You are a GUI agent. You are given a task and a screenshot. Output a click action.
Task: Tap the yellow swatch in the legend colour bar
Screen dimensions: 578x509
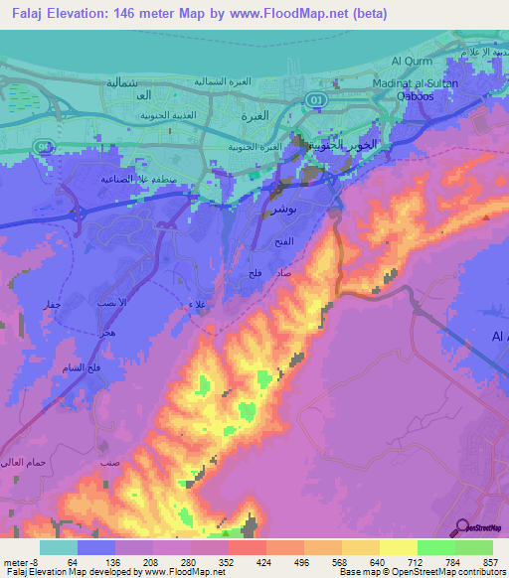(398, 547)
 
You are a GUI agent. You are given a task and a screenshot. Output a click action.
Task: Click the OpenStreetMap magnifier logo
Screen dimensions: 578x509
(460, 527)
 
